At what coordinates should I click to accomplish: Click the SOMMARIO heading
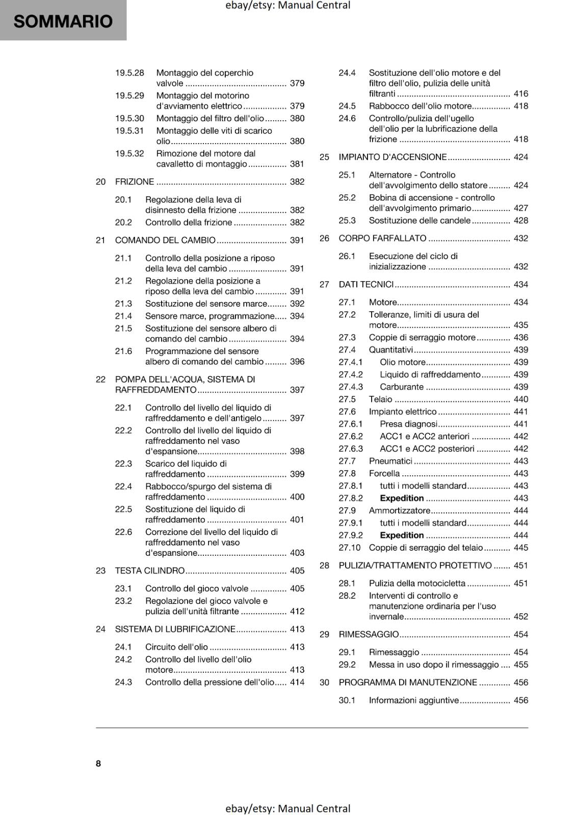pos(63,21)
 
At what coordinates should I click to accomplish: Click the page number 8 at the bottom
pos(98,763)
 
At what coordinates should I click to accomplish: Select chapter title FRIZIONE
pos(135,182)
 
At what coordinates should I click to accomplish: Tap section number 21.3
pos(123,304)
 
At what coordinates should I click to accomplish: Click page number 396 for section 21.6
pos(297,362)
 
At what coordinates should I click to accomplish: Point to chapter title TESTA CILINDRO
pos(150,570)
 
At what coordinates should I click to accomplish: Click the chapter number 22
pos(100,379)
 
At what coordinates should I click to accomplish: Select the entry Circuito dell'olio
pos(176,647)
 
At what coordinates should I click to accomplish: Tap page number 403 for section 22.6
pos(297,553)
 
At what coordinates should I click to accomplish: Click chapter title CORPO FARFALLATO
pos(382,238)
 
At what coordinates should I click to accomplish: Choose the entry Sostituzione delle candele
pos(420,221)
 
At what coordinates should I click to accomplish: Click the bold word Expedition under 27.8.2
pos(402,498)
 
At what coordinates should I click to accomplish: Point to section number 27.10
pos(349,548)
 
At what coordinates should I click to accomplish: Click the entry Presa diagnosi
pos(408,424)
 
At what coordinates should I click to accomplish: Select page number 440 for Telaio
pos(520,399)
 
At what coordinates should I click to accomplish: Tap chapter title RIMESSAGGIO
pos(369,634)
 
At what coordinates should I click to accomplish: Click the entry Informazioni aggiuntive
pos(414,700)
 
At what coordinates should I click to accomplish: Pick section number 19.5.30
pos(129,118)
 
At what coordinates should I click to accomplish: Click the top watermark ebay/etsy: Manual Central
pos(287,6)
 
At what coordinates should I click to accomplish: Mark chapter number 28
pos(324,565)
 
